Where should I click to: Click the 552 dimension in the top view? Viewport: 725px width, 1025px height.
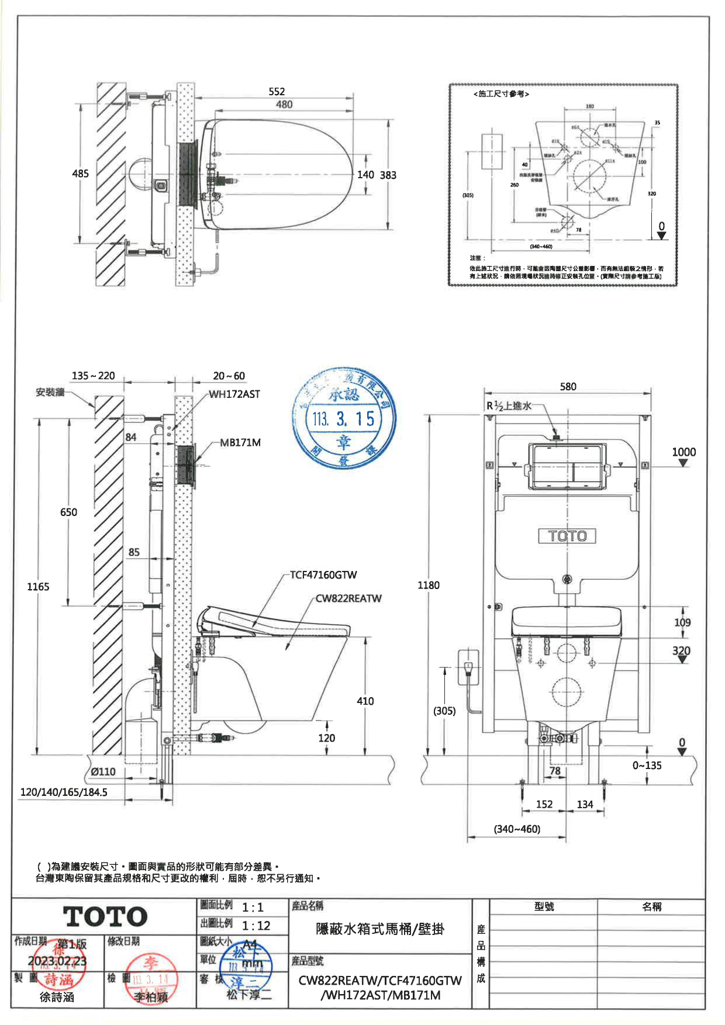tap(277, 92)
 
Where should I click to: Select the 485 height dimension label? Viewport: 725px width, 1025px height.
tap(80, 174)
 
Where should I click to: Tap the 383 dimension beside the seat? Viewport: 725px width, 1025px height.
tap(388, 175)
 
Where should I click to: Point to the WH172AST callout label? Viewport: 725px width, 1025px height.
tap(234, 394)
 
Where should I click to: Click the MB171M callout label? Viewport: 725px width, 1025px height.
tap(240, 443)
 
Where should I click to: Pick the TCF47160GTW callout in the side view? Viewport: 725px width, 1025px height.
tap(323, 575)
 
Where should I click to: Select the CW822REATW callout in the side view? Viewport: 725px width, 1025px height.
tap(348, 599)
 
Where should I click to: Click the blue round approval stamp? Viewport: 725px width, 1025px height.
tap(344, 418)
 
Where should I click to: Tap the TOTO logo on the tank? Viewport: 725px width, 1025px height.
tap(567, 536)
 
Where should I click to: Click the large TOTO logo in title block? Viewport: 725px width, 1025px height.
tap(105, 917)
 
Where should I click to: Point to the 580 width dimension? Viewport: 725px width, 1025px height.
tap(568, 387)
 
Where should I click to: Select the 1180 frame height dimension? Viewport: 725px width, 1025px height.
tap(429, 585)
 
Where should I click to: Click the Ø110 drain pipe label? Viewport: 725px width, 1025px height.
tap(103, 772)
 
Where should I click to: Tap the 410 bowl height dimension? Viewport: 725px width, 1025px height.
tap(365, 701)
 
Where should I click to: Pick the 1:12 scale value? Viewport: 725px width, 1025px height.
tap(256, 926)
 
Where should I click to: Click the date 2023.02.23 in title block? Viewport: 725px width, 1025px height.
tap(57, 961)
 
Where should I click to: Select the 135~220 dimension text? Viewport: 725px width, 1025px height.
tap(94, 376)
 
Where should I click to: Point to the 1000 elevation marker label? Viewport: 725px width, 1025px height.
tap(683, 452)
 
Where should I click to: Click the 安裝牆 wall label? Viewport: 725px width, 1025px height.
tap(50, 393)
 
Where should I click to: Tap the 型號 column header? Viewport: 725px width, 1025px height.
tap(544, 907)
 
